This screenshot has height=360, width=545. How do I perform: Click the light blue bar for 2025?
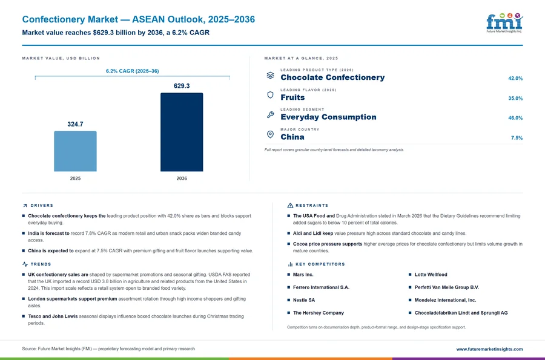pos(75,151)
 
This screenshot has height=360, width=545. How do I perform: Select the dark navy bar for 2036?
pos(182,132)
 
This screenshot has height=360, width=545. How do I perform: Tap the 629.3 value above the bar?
pos(182,86)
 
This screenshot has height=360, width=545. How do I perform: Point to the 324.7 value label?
pos(75,124)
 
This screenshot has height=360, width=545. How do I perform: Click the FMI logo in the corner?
pos(504,23)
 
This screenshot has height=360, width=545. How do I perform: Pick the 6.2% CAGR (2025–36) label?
pos(133,71)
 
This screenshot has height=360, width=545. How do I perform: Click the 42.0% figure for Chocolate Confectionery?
pos(515,79)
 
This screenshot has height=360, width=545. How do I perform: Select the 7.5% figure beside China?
pos(517,138)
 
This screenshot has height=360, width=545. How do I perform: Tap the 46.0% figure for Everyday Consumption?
pos(515,118)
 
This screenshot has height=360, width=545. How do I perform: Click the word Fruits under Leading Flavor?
pos(292,97)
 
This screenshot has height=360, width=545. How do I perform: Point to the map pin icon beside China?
pos(270,134)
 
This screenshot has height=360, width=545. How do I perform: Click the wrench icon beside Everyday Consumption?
pos(270,114)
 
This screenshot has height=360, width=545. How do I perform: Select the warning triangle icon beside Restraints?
pos(290,206)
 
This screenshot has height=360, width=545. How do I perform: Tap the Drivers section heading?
pos(42,206)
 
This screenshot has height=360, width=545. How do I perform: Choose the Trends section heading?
pos(41,264)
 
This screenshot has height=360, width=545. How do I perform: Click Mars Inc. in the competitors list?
pos(303,275)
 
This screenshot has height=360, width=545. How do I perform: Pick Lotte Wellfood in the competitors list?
pos(431,275)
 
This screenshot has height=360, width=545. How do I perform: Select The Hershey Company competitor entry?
pos(319,313)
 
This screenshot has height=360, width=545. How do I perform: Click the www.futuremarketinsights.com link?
pos(489,349)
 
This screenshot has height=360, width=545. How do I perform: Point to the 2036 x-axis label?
pos(182,178)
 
